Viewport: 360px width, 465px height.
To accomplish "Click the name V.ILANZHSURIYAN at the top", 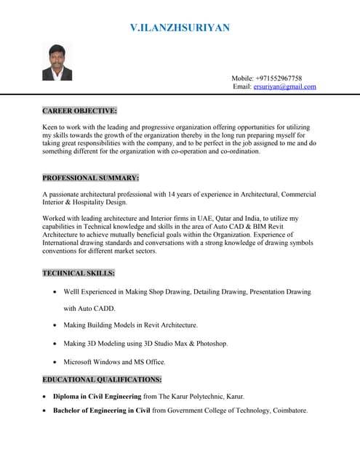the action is coord(180,28).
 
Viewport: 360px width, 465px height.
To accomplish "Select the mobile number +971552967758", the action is coord(277,78).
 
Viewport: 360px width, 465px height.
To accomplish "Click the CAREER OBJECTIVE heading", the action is coord(79,111).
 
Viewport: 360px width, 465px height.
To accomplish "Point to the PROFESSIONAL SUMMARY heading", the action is coord(90,178).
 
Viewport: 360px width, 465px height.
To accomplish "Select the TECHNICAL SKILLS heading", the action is coord(79,273).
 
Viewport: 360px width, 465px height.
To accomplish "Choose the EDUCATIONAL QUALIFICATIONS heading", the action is coord(102,379).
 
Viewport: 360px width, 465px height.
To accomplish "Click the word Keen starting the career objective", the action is coord(51,126).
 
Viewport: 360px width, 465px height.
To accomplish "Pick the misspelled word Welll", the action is coord(72,292).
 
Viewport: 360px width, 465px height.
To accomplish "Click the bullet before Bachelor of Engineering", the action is coord(46,411).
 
